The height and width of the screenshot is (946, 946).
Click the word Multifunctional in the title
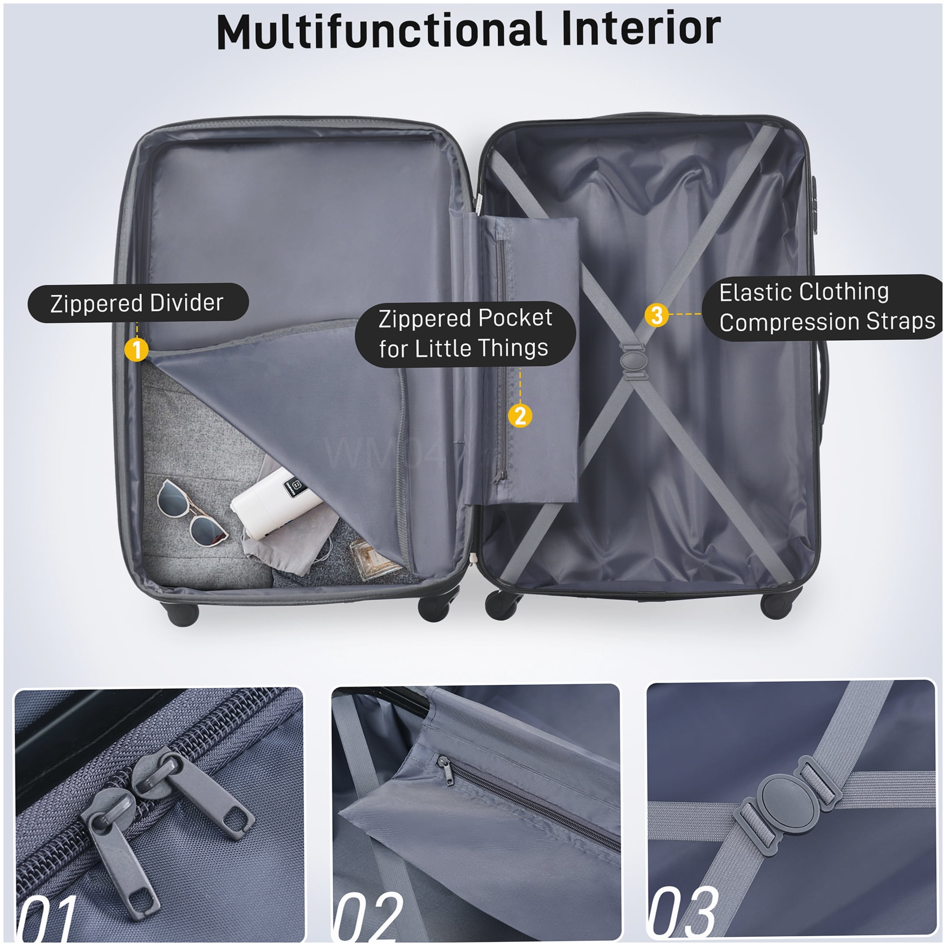(382, 30)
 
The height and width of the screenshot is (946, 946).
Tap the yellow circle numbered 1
(137, 349)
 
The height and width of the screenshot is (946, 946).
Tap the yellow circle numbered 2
(520, 416)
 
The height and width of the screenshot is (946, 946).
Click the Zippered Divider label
(138, 302)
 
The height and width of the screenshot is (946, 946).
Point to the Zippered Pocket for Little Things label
(465, 333)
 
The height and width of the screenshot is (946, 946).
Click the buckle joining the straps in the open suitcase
(634, 361)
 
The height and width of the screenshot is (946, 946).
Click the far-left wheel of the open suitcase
(183, 614)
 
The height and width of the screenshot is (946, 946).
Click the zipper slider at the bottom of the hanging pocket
(499, 476)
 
